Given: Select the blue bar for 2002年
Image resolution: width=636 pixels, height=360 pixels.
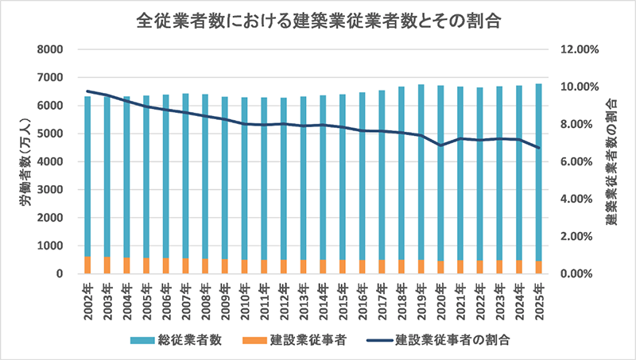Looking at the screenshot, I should click(87, 175).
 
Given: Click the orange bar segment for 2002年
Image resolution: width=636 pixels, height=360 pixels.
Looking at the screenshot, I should click(87, 265).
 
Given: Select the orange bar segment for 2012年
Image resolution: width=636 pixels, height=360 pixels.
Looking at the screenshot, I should click(283, 267).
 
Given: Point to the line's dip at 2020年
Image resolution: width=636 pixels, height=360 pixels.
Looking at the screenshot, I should click(441, 145).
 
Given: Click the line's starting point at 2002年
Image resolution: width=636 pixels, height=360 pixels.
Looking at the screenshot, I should click(87, 91).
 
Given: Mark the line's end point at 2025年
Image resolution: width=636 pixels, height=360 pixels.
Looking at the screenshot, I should click(538, 148).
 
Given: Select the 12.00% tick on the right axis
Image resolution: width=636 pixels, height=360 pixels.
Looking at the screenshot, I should click(578, 49).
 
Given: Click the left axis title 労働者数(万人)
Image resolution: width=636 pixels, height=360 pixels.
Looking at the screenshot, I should click(25, 161).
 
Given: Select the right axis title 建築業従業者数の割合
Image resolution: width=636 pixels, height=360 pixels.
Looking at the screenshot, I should click(612, 161).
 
